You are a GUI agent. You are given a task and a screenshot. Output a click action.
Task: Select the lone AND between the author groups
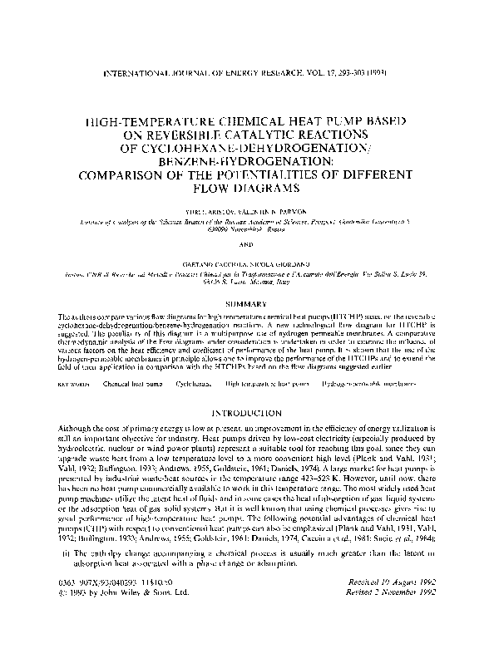coord(247,244)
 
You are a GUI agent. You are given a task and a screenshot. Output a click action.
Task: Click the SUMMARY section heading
coord(247,305)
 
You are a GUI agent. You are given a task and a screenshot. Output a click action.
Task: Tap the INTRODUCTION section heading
coord(247,413)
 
